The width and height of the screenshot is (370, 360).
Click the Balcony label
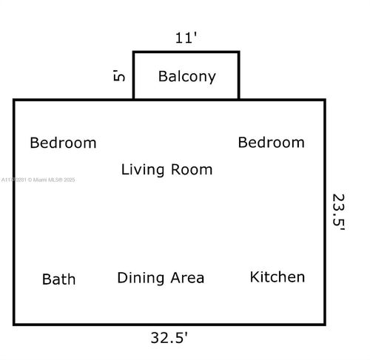click(x=186, y=76)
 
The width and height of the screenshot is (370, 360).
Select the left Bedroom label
click(x=63, y=143)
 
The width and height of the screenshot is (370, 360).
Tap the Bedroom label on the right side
click(x=271, y=143)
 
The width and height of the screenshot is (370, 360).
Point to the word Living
click(x=143, y=170)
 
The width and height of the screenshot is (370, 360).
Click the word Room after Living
click(x=191, y=169)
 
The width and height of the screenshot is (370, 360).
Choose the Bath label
click(x=58, y=279)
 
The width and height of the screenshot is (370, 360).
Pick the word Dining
click(x=141, y=279)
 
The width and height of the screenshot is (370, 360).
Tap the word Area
click(x=186, y=279)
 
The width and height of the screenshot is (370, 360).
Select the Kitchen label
click(x=277, y=277)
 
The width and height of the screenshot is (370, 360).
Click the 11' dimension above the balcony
click(x=186, y=38)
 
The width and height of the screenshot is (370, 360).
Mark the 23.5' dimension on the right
click(x=339, y=213)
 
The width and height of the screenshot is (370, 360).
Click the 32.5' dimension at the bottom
click(x=169, y=339)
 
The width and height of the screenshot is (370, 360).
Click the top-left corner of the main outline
click(x=14, y=100)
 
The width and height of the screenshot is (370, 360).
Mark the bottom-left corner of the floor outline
click(x=14, y=324)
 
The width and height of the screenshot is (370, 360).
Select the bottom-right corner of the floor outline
click(x=324, y=324)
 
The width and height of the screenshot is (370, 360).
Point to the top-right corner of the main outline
click(x=324, y=100)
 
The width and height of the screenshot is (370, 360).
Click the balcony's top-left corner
click(x=134, y=52)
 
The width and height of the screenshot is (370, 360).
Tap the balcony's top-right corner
click(x=238, y=52)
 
